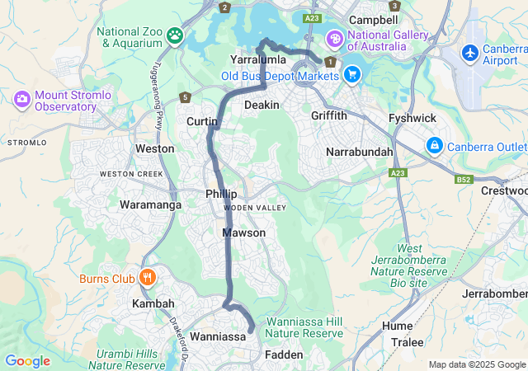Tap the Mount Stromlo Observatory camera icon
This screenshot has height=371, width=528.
coord(22,100)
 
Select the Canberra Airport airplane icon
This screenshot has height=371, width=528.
coord(470,53)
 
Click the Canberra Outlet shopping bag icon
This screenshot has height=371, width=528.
coord(434,145)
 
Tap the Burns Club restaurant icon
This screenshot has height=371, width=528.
coord(148,277)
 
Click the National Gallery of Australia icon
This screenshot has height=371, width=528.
coord(334,38)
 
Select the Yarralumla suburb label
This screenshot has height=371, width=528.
coord(257,60)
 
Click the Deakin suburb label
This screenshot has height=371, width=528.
coord(262,105)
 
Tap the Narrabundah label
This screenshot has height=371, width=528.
coord(359,153)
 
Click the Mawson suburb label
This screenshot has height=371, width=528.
coord(243,233)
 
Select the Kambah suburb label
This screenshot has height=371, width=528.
coord(153,304)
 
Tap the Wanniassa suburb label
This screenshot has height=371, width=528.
coord(218,337)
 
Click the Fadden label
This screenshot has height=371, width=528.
coord(285,355)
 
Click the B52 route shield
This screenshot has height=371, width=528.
coord(464,179)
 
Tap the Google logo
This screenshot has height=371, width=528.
coord(28,360)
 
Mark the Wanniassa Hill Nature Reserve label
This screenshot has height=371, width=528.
coord(304,327)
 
